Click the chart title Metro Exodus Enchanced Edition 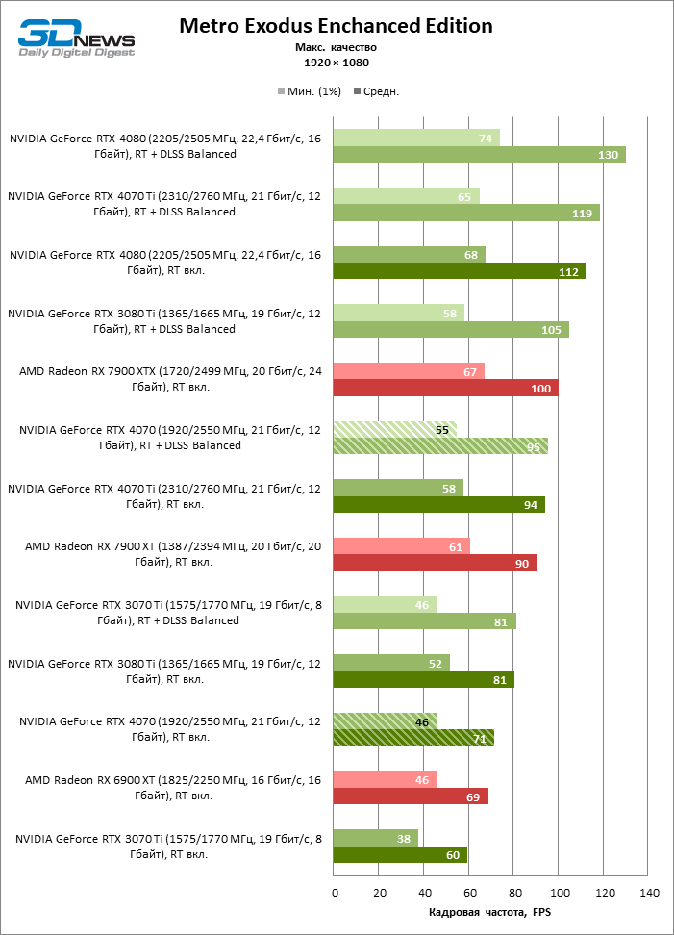[336, 26]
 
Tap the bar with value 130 [479, 154]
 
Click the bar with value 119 [466, 213]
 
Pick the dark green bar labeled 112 [459, 271]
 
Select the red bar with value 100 [445, 388]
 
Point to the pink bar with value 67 [408, 371]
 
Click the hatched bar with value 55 [394, 429]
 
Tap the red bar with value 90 [434, 563]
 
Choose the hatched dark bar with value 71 [412, 738]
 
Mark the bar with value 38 [375, 838]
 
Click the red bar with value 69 [411, 796]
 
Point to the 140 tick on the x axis [649, 894]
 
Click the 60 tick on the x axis [469, 894]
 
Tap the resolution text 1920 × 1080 [336, 63]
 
